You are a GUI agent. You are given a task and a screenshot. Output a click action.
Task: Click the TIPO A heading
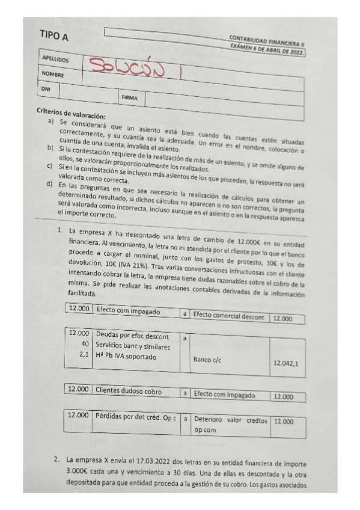53,37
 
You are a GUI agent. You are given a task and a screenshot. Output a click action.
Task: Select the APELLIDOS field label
55,60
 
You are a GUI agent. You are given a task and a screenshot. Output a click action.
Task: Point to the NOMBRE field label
52,74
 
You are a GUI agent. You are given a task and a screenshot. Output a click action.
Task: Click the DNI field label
46,88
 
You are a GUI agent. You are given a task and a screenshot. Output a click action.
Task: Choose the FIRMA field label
129,96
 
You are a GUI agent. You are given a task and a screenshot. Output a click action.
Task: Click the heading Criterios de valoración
71,111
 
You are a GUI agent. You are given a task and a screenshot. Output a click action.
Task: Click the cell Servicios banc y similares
133,346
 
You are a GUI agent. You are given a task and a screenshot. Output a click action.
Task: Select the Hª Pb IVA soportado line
126,356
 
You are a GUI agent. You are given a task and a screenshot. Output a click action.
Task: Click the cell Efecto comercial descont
228,314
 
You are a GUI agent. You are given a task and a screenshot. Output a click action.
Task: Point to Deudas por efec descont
132,336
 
